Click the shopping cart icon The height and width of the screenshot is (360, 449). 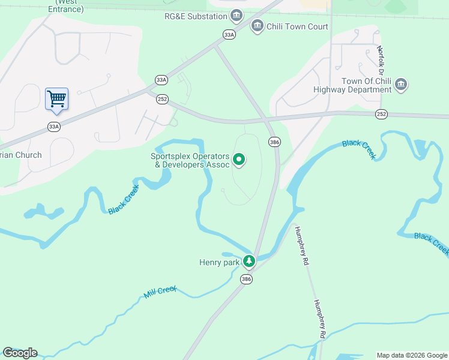[56, 98]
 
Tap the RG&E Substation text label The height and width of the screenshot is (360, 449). [196, 16]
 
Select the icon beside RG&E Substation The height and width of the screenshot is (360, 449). [237, 15]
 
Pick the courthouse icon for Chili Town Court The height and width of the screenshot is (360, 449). [258, 26]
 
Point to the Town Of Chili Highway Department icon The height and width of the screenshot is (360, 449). [401, 85]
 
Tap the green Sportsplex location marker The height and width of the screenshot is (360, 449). [239, 159]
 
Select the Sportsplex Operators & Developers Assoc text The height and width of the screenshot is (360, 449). [190, 160]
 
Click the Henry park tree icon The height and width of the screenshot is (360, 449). [249, 261]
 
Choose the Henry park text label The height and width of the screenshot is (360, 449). [219, 262]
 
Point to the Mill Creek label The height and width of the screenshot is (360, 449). [160, 292]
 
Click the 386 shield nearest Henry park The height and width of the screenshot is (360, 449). [246, 279]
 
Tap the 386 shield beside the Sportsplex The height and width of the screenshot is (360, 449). [274, 142]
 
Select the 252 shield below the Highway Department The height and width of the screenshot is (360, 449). [381, 113]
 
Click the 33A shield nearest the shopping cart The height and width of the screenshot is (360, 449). [54, 127]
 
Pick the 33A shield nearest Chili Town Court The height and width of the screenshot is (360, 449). [229, 35]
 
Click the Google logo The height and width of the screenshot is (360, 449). [20, 353]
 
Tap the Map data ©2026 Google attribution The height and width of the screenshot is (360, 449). [411, 355]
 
